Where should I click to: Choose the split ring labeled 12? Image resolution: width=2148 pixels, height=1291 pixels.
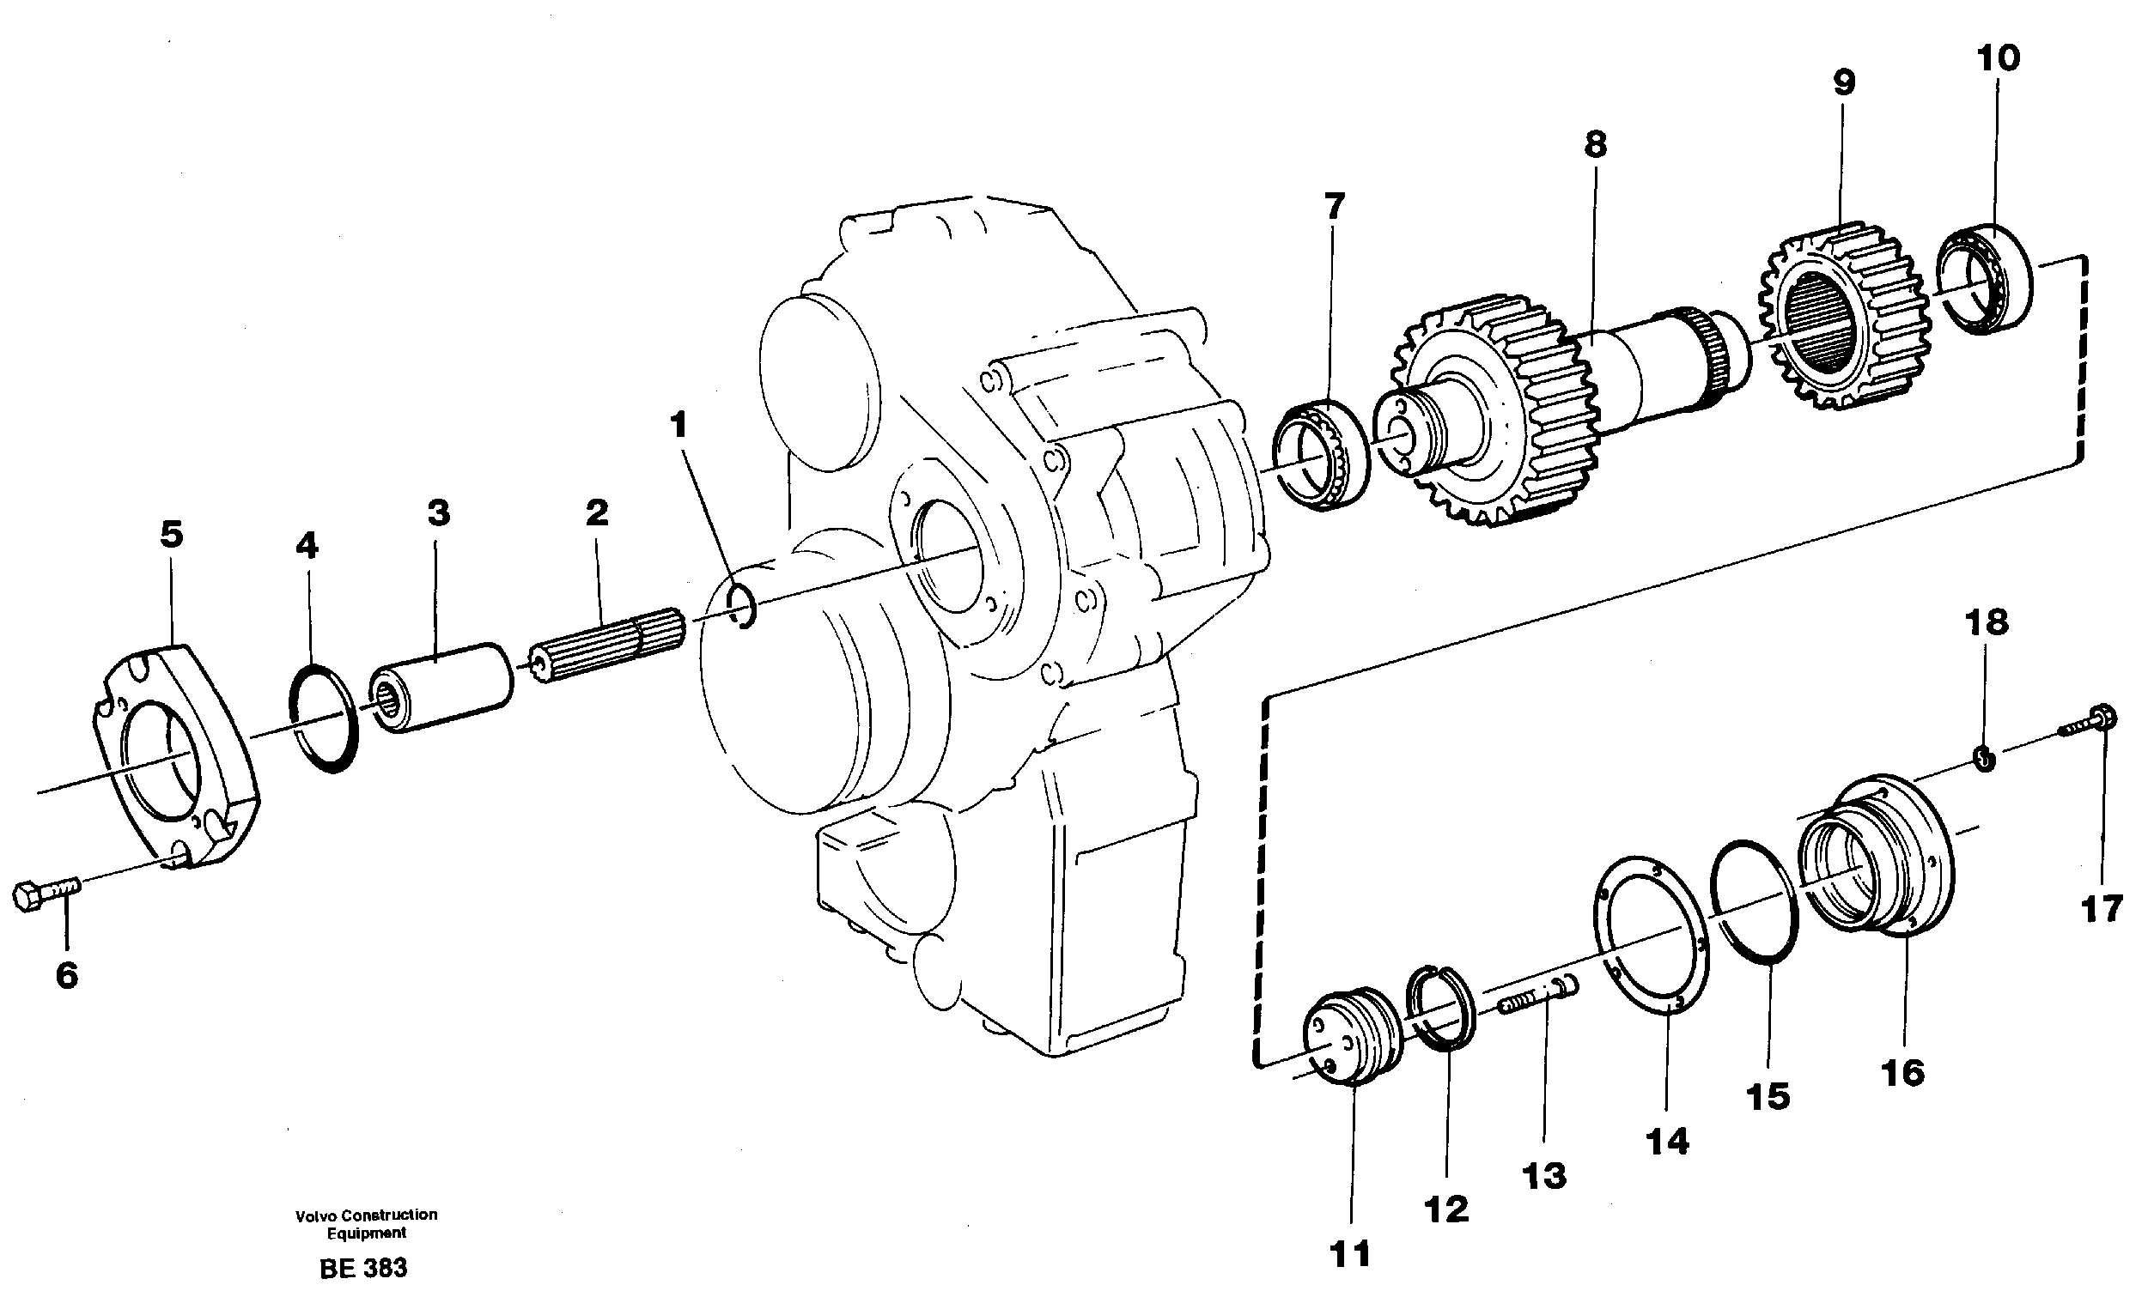1442,1008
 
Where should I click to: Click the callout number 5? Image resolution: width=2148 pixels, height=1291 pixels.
172,534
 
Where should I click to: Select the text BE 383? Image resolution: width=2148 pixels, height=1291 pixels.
364,1268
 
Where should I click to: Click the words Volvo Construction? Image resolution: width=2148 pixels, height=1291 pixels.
366,1215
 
